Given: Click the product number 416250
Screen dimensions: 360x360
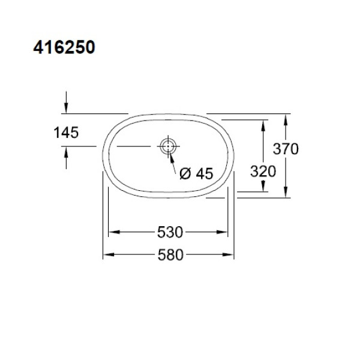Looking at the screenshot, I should [x=64, y=48].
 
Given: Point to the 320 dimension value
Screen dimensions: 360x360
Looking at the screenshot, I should [x=263, y=171].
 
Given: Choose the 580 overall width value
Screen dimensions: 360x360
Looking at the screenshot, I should [x=170, y=254].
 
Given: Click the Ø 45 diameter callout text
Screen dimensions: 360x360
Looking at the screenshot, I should [x=196, y=174].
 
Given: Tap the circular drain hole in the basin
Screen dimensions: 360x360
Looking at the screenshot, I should [x=167, y=146].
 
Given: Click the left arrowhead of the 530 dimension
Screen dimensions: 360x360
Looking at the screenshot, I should [x=112, y=232].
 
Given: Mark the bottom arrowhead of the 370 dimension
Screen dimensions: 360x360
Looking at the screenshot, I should [x=287, y=191].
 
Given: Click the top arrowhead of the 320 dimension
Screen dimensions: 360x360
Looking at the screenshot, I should [x=263, y=124].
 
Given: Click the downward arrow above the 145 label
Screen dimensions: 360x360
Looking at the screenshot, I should [x=65, y=107].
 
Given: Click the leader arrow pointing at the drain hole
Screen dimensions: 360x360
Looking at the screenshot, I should [x=170, y=156].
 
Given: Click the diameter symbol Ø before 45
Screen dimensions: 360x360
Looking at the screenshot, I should [x=185, y=174].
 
